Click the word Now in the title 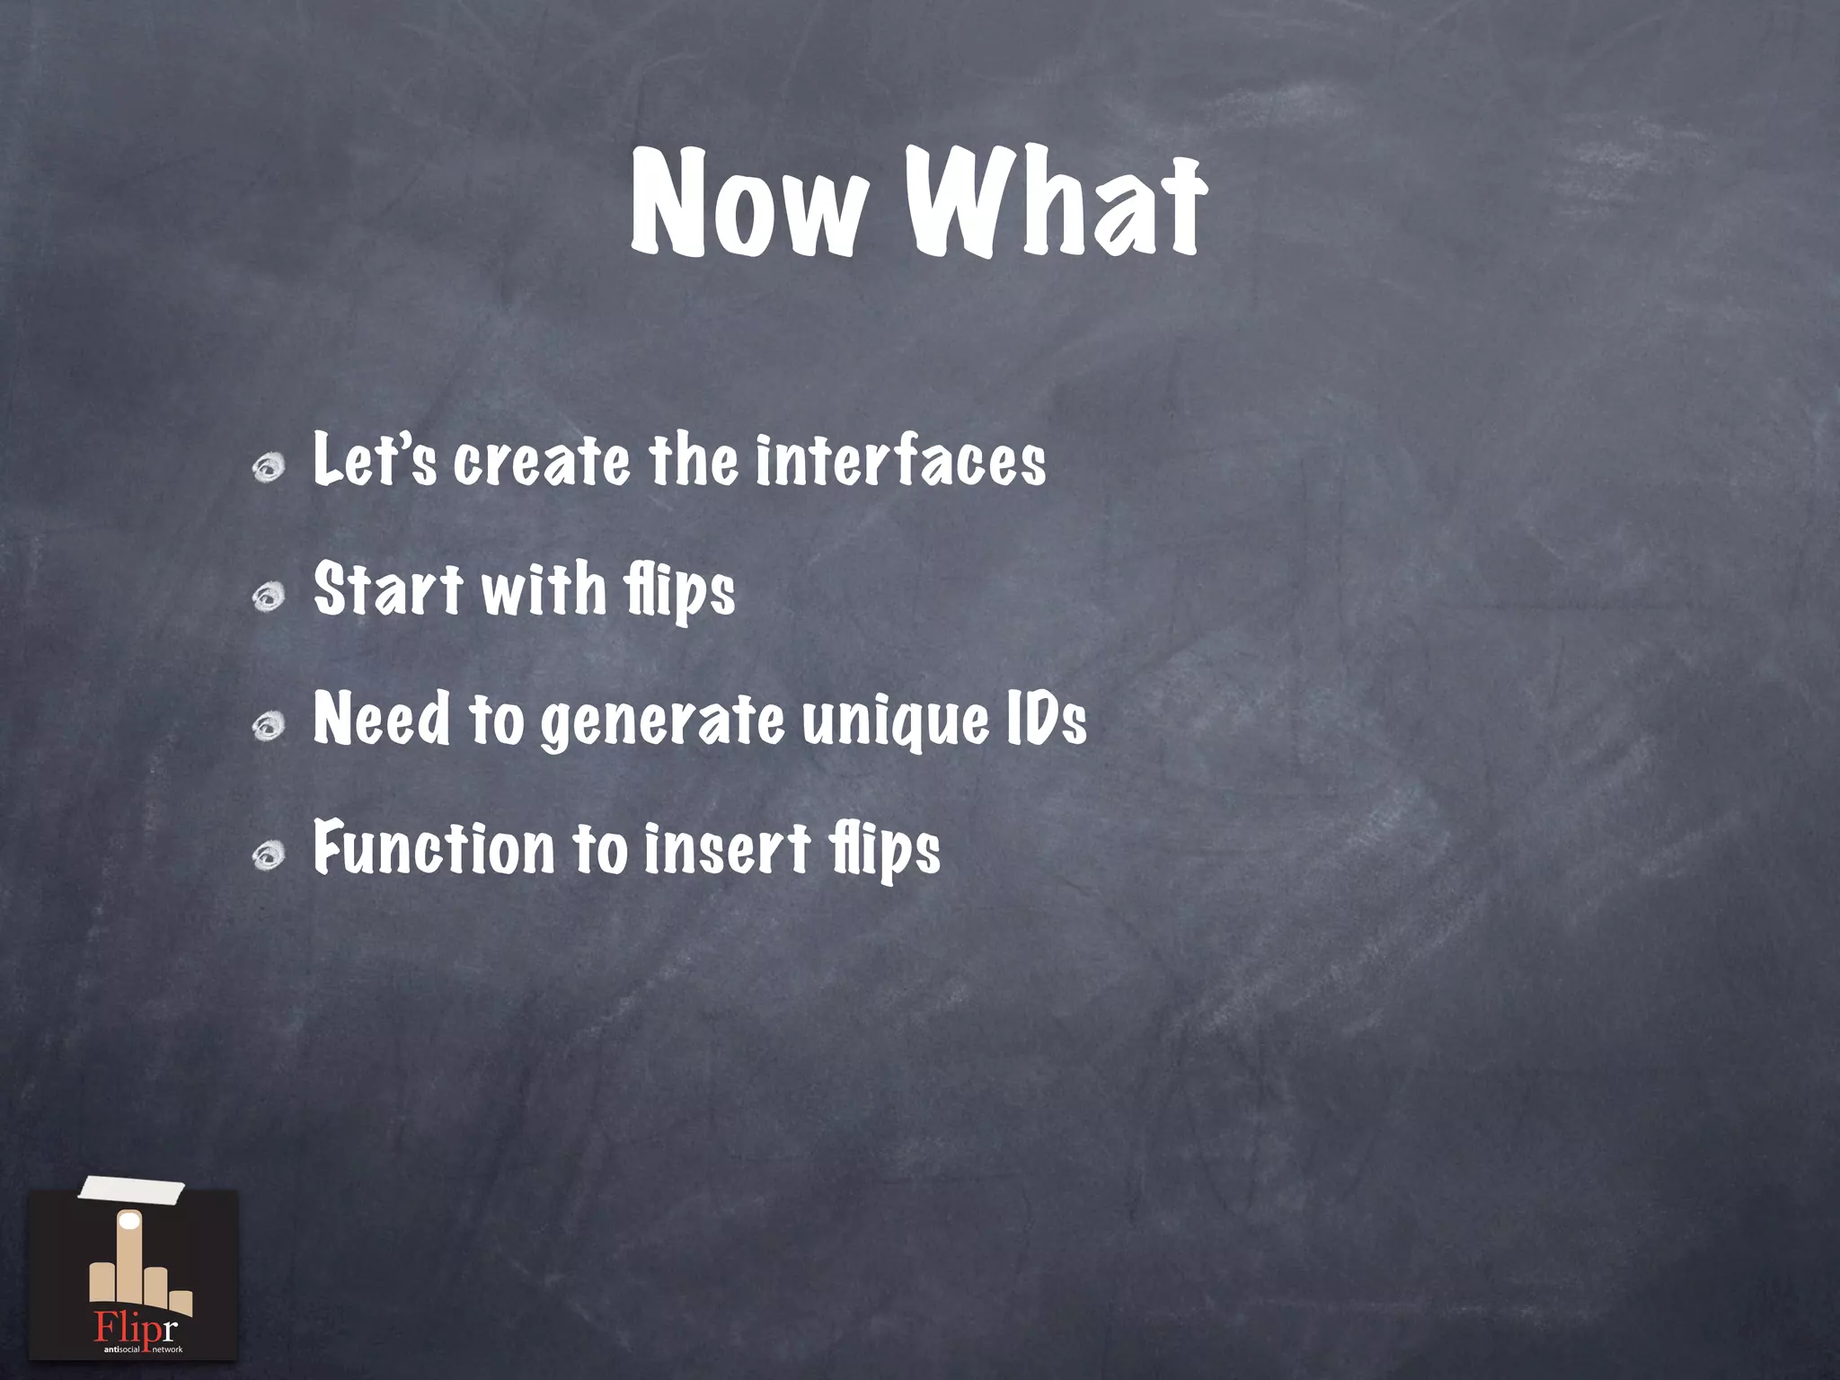click(750, 202)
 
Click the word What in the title click(1055, 202)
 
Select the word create click(542, 461)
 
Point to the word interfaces click(900, 461)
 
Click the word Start click(387, 589)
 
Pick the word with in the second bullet click(544, 589)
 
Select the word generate click(662, 721)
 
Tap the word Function click(435, 848)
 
